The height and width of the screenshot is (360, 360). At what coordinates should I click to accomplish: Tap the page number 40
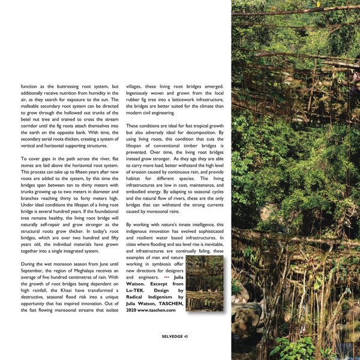click(x=187, y=336)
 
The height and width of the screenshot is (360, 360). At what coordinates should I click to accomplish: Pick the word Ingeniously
click(x=144, y=95)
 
